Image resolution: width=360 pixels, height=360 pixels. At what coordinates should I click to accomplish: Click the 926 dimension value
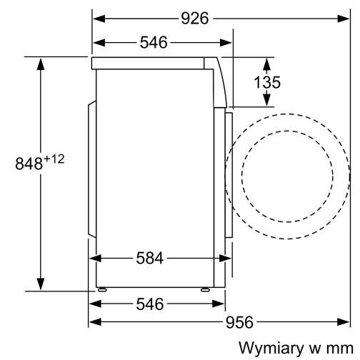tap(194, 19)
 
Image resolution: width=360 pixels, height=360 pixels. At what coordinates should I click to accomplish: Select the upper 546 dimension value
tap(154, 43)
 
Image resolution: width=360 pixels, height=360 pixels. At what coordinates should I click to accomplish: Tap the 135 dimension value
tap(267, 82)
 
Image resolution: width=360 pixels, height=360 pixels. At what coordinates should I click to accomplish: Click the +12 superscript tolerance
tap(55, 159)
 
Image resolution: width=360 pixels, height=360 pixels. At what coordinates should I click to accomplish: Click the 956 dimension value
tap(239, 323)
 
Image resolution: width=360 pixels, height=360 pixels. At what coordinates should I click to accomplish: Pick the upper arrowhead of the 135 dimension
tap(267, 62)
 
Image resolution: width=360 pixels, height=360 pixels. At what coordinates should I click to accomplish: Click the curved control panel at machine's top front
tap(220, 82)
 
